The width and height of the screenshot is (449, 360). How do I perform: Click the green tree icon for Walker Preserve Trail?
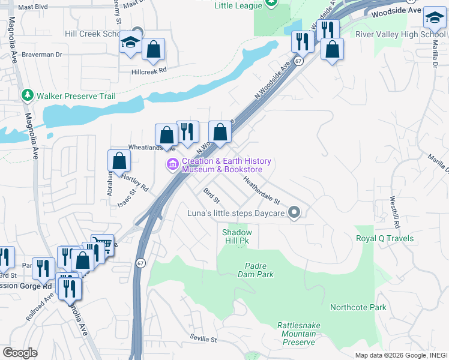[28, 95]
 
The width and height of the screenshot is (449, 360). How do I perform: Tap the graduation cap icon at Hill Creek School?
[129, 43]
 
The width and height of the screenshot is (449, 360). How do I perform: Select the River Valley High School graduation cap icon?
[434, 18]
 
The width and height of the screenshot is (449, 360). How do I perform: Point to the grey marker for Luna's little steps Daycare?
[294, 212]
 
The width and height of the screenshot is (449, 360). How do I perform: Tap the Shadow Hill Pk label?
[237, 236]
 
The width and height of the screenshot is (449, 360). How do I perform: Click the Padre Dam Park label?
[259, 270]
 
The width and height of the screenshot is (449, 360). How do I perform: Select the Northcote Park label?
[358, 307]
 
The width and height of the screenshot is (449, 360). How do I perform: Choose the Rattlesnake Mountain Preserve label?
[296, 334]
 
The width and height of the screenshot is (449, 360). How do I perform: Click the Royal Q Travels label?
[385, 238]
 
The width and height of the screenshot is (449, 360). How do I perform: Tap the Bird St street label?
[211, 194]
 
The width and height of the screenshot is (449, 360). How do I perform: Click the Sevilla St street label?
[203, 339]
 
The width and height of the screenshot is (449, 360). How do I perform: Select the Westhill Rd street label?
[394, 212]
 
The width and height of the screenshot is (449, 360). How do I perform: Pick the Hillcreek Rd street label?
[149, 70]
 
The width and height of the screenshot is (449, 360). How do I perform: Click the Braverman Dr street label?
[43, 55]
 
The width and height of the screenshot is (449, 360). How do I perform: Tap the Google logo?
[20, 353]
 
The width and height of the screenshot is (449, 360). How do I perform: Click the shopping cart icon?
[103, 244]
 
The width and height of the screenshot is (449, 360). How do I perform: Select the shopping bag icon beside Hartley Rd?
[119, 160]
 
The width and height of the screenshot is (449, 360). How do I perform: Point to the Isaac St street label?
[132, 197]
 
